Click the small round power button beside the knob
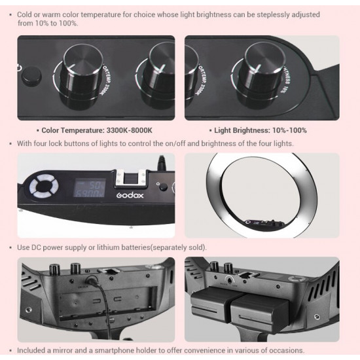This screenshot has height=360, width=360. tap(28, 77)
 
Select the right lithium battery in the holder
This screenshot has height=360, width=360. tap(261, 310)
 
